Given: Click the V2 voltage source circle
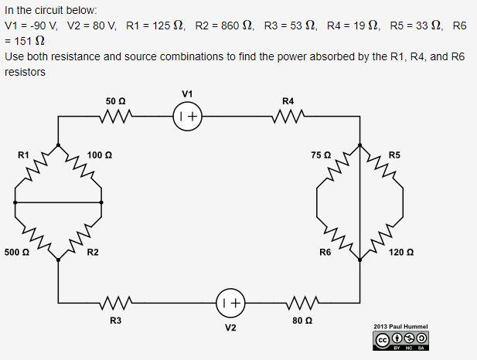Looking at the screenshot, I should point(230,303).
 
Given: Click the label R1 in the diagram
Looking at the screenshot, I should point(23,155).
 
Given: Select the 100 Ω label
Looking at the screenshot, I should point(100,155).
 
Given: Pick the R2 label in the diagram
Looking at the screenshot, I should point(93,252).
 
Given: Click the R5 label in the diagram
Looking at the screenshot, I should point(395,155).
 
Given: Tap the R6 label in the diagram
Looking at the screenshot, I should point(325,252).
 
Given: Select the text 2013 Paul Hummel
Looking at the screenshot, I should point(400,327).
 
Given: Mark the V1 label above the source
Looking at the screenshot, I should point(187,93).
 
